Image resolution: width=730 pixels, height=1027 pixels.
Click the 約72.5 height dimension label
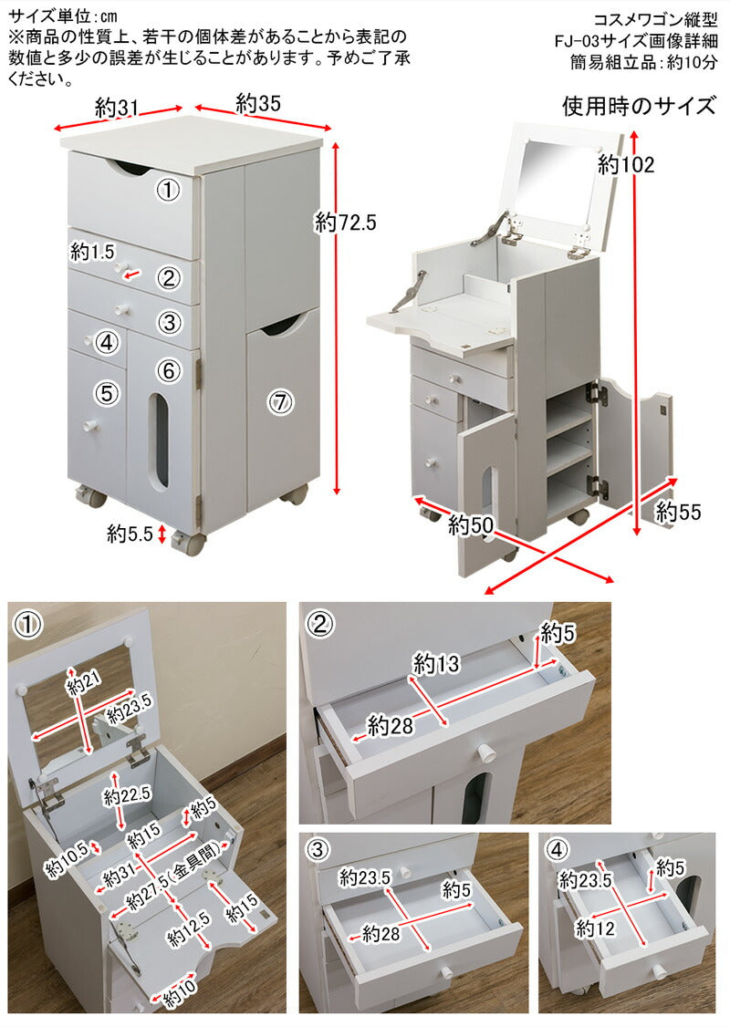click(345, 222)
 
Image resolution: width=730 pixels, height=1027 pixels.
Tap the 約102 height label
click(627, 165)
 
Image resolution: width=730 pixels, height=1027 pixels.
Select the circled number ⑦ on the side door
click(280, 401)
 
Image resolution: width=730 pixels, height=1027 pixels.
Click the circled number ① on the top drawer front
click(167, 190)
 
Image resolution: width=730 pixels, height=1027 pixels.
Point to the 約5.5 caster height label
click(128, 534)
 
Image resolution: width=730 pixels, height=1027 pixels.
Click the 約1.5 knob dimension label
click(93, 251)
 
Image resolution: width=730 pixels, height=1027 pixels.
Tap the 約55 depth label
click(679, 513)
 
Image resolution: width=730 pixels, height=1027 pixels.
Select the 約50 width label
click(470, 525)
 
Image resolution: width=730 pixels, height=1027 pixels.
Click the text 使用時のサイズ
click(638, 107)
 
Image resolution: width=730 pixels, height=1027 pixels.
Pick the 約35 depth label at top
click(258, 102)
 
